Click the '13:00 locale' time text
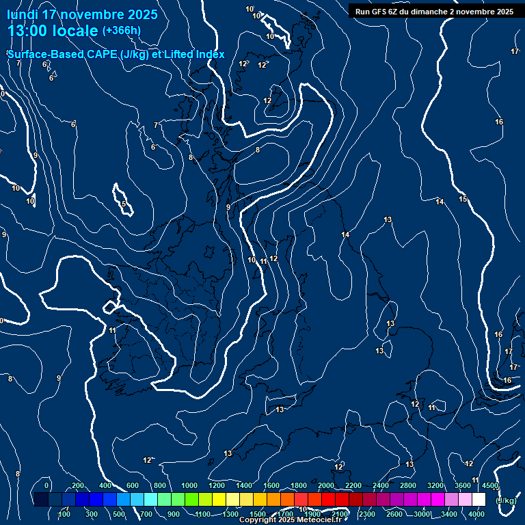coord(53,31)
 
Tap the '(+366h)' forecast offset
coord(122,30)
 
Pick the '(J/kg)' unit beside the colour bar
coord(506,500)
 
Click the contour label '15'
coord(463,199)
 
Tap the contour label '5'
coord(124,204)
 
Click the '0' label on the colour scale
coord(46,485)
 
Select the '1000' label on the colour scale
coord(189,485)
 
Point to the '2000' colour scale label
coord(326,485)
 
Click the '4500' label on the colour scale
coord(490,485)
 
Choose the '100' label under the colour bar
coord(64,514)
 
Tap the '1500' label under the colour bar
coord(258,514)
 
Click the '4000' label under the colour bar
coord(476,514)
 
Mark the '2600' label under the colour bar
coord(394,514)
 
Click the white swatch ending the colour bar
coord(479,500)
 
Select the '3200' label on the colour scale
coord(435,485)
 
